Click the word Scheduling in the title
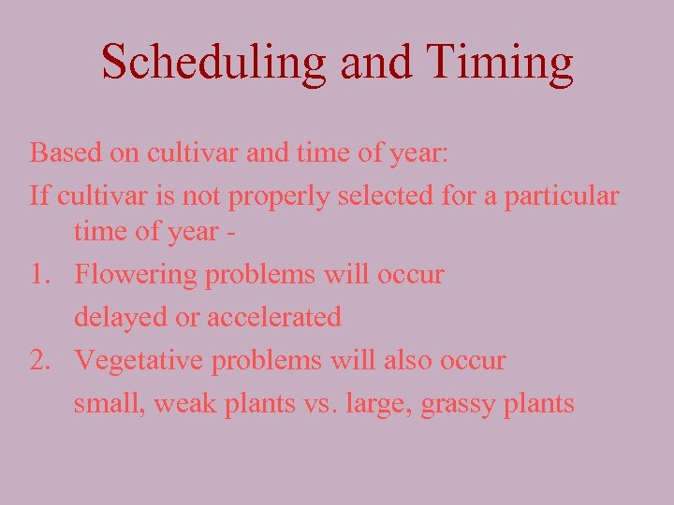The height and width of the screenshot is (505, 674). [214, 63]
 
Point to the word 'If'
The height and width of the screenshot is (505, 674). [38, 195]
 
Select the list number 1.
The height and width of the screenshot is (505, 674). [39, 275]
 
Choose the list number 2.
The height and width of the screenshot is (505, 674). [40, 361]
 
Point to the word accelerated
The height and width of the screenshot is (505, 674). [274, 318]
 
